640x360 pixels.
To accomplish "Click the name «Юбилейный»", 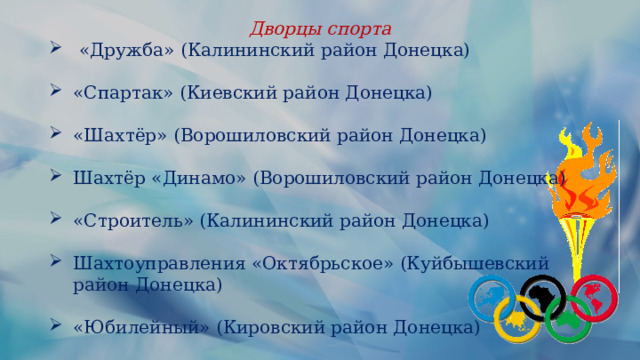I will pos(141,327).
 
